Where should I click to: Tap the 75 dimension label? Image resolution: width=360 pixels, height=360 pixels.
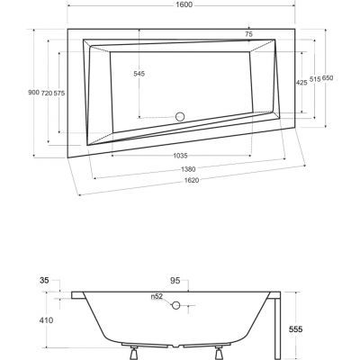coord(248,34)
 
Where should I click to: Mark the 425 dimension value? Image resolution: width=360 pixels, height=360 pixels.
coord(302,83)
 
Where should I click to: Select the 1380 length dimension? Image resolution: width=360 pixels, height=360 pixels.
coord(186,168)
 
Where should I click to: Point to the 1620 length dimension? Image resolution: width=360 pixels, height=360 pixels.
coord(186,181)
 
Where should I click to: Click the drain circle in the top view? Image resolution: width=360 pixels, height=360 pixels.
coord(178,116)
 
